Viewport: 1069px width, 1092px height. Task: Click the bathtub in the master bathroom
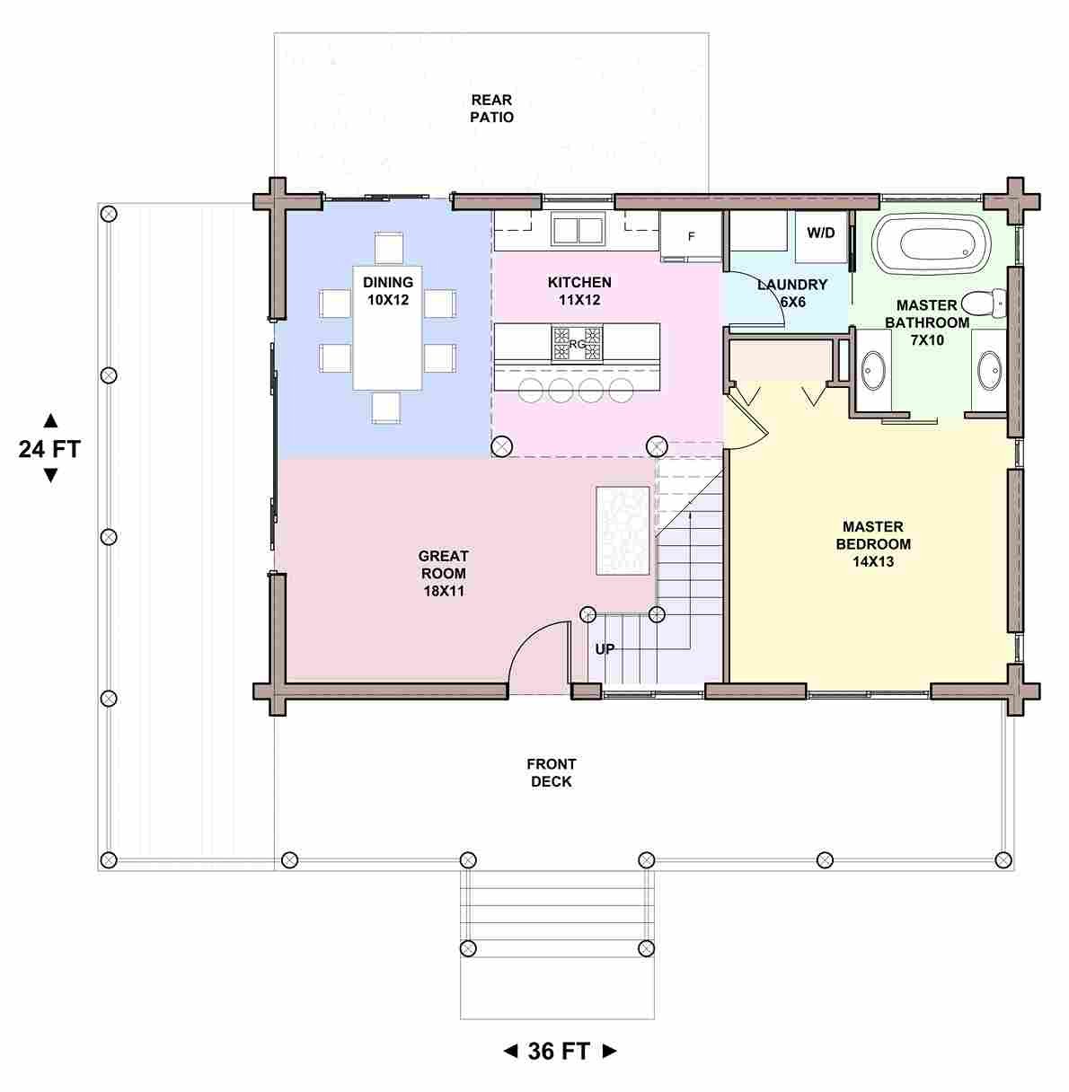coord(931,245)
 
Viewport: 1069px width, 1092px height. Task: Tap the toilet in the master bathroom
coord(984,304)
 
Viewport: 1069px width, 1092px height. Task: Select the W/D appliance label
coord(821,233)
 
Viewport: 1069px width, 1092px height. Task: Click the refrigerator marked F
coord(691,236)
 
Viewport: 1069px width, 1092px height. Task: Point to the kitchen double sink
coord(578,230)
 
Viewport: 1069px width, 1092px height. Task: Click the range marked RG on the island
coord(577,343)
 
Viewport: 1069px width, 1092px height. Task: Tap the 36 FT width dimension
coord(559,1051)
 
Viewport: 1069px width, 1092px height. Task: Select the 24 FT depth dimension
coord(50,448)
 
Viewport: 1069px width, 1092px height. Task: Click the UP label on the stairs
coord(605,648)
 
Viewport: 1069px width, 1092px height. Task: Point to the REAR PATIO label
coord(492,109)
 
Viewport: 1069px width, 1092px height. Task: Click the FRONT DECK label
coord(552,772)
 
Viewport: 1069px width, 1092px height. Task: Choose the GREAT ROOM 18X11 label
coord(444,573)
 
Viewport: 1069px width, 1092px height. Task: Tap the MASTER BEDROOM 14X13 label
coord(873,544)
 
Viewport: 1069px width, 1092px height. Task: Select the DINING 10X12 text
coord(388,291)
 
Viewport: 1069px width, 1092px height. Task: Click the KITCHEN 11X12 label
coord(579,291)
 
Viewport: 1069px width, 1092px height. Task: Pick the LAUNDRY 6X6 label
coord(792,293)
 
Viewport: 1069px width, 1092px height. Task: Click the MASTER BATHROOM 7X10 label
coord(927,322)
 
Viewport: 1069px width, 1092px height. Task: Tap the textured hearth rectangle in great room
coord(623,531)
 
